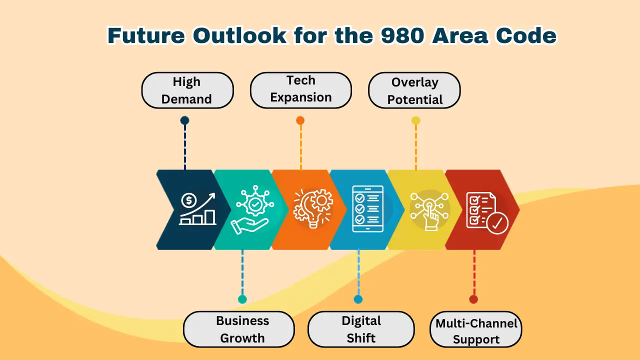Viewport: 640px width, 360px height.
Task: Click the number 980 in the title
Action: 402,35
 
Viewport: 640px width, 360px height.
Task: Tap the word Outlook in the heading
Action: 239,35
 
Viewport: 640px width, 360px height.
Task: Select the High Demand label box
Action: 187,90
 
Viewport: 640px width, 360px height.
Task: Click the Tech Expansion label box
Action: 301,90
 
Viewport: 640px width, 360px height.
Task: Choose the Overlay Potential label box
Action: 414,90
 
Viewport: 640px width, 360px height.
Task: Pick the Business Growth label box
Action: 239,329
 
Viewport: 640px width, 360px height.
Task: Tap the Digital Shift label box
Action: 361,329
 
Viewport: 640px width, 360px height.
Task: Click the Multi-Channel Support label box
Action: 476,329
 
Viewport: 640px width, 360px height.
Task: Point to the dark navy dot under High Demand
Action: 184,120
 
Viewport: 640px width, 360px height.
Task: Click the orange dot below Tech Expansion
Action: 300,120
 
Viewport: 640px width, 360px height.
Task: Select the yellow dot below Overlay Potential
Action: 415,120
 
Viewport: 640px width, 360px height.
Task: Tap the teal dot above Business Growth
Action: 242,299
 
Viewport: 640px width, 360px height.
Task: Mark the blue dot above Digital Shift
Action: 358,299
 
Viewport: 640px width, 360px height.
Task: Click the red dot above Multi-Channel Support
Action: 473,299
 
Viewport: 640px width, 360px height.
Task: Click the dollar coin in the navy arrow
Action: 189,200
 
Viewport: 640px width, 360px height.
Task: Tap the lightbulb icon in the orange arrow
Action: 313,208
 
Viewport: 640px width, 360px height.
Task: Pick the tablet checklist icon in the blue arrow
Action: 367,208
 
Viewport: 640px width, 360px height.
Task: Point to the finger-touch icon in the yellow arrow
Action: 429,211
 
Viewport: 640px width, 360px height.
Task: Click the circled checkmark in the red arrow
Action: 497,223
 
